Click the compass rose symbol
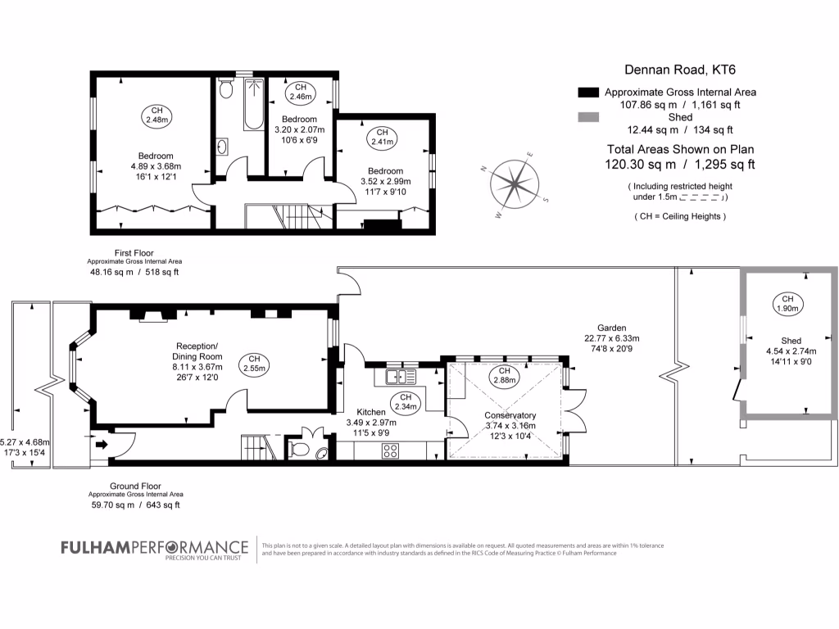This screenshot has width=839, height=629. coord(513,184)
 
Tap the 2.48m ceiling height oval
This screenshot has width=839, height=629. coord(156,115)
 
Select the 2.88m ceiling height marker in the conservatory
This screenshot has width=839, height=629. coord(504,375)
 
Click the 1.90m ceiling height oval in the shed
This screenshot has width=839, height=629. coord(787,303)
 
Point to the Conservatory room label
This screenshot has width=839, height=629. coord(510,415)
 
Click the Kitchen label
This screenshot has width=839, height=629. coord(371,412)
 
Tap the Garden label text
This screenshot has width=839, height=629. coord(611,328)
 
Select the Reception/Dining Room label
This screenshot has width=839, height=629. coord(197,351)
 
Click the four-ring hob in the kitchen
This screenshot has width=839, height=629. coord(390,451)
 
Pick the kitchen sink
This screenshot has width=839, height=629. coord(401,377)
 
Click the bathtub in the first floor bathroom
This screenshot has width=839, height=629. coord(254,104)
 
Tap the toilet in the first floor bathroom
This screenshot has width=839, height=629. coord(226,88)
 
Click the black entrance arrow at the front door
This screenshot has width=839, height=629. coord(101,444)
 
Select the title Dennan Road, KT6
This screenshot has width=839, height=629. coord(679,70)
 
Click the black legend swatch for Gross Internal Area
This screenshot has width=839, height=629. coord(588,92)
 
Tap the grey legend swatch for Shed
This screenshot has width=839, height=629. coord(588,117)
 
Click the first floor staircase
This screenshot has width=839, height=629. coord(291,216)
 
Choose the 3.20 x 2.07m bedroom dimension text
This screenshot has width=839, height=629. coord(299,129)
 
